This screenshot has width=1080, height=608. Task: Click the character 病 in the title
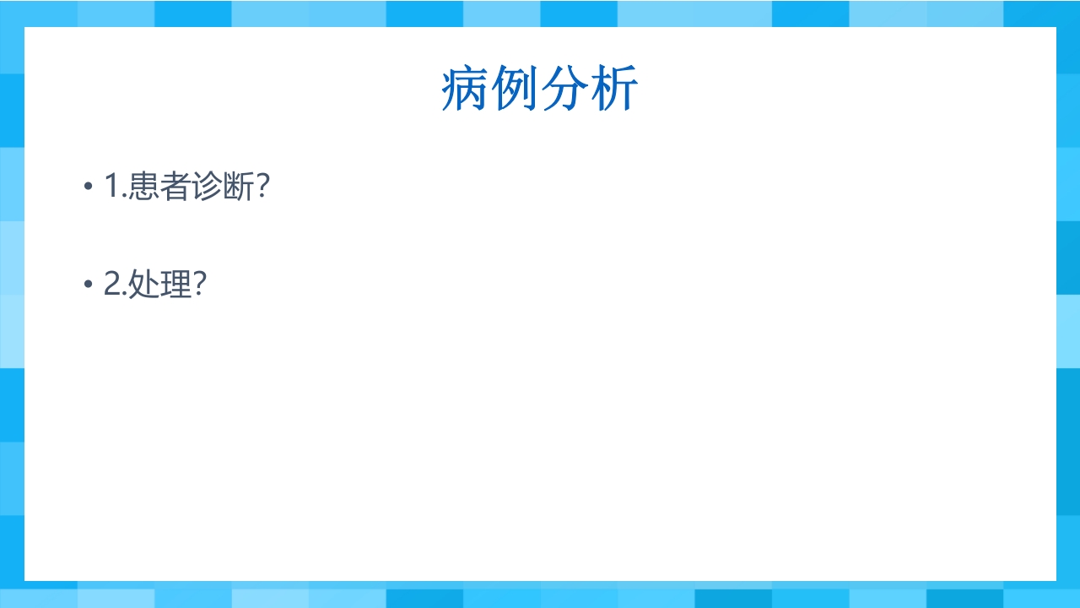click(465, 90)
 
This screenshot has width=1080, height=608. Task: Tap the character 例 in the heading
click(515, 90)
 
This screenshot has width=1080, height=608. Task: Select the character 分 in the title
click(564, 90)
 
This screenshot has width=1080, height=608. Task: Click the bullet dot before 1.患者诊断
click(88, 187)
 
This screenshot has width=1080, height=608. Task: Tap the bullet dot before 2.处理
click(88, 285)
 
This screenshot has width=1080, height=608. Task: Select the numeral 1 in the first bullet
click(112, 187)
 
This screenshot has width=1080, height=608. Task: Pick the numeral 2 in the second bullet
click(113, 285)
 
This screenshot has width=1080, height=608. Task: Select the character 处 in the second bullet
click(144, 285)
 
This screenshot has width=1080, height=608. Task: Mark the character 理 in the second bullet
click(176, 285)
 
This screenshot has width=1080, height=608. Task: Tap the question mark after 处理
click(200, 285)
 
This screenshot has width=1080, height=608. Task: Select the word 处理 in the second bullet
click(160, 285)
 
